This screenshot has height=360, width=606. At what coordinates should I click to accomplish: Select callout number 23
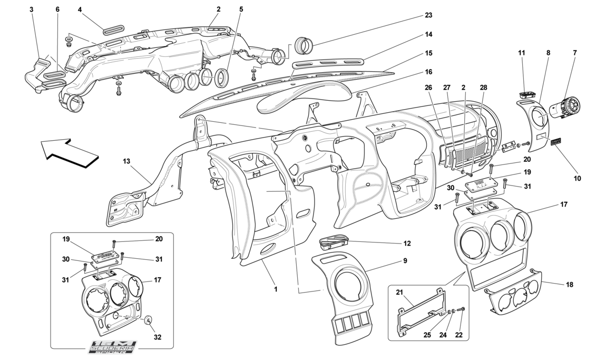tap(428, 15)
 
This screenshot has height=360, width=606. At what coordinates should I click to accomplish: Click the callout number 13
tap(126, 160)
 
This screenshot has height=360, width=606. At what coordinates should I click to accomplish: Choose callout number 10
tap(577, 178)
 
